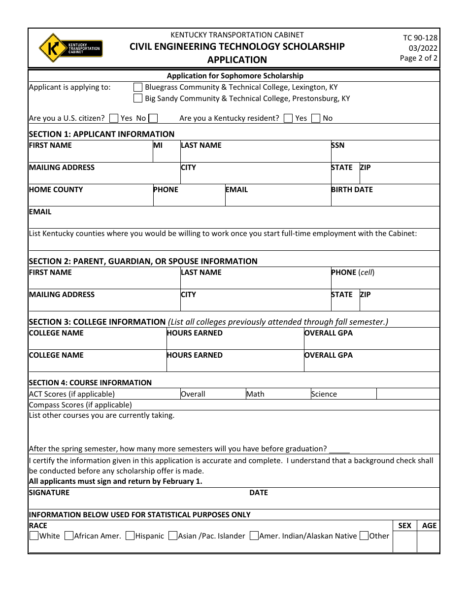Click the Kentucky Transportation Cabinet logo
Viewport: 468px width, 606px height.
70,48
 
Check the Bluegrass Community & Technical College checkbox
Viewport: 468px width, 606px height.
138,87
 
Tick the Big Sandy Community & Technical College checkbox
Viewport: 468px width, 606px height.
138,99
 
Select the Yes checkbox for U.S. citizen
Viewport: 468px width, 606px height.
114,118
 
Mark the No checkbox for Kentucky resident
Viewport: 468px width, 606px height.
316,118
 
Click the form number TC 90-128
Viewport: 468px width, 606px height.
420,38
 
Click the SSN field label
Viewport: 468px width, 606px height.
338,145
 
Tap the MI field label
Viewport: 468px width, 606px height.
158,145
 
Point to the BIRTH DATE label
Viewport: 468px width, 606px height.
352,190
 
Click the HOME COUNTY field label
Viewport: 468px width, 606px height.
56,190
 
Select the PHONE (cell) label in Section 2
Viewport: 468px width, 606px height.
353,272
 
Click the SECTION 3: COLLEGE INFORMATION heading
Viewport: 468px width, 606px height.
97,322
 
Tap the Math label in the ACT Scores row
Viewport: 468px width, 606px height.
255,394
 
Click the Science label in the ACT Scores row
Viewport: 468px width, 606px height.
324,394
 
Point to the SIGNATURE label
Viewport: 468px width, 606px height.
49,493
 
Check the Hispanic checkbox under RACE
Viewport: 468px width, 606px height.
130,536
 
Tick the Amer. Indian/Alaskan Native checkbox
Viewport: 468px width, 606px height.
254,536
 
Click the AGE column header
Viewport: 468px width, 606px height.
429,526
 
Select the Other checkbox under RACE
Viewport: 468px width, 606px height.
364,536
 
